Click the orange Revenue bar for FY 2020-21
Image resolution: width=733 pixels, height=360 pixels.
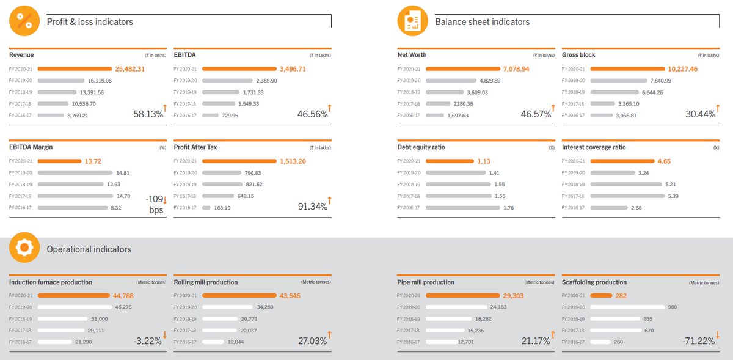[x=78, y=69]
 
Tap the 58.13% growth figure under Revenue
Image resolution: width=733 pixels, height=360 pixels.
[x=148, y=114]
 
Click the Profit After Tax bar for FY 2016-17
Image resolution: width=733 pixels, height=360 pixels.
[x=206, y=207]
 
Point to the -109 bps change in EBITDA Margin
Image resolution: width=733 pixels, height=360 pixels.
[x=155, y=204]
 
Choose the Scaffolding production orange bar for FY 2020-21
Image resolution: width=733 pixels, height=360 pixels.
[x=600, y=295]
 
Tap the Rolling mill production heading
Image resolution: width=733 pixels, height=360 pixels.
[x=206, y=282]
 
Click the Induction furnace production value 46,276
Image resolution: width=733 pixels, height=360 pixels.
[x=124, y=307]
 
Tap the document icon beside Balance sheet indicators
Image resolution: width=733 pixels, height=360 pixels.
[x=412, y=21]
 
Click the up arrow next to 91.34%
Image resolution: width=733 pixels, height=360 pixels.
[x=330, y=200]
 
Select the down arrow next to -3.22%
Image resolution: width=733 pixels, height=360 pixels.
[x=165, y=334]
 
